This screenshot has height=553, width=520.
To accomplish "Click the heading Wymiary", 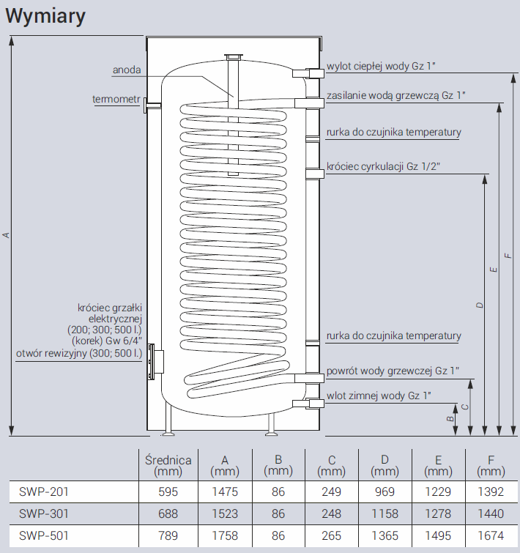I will click(45, 16).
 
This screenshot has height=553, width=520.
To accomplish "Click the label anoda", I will click(126, 70).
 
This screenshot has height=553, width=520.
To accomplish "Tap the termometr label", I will click(116, 99).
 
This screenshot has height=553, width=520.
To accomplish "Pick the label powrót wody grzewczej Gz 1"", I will click(393, 371).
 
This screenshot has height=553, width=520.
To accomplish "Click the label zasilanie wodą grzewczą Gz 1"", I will click(396, 95).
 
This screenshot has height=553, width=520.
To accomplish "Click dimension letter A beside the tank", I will click(6, 234).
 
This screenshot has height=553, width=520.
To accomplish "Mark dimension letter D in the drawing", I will click(479, 304).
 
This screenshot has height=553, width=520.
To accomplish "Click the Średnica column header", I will click(168, 466).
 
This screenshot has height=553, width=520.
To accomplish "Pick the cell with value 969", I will click(385, 492).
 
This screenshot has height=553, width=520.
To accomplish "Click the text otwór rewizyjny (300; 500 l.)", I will click(79, 353).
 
